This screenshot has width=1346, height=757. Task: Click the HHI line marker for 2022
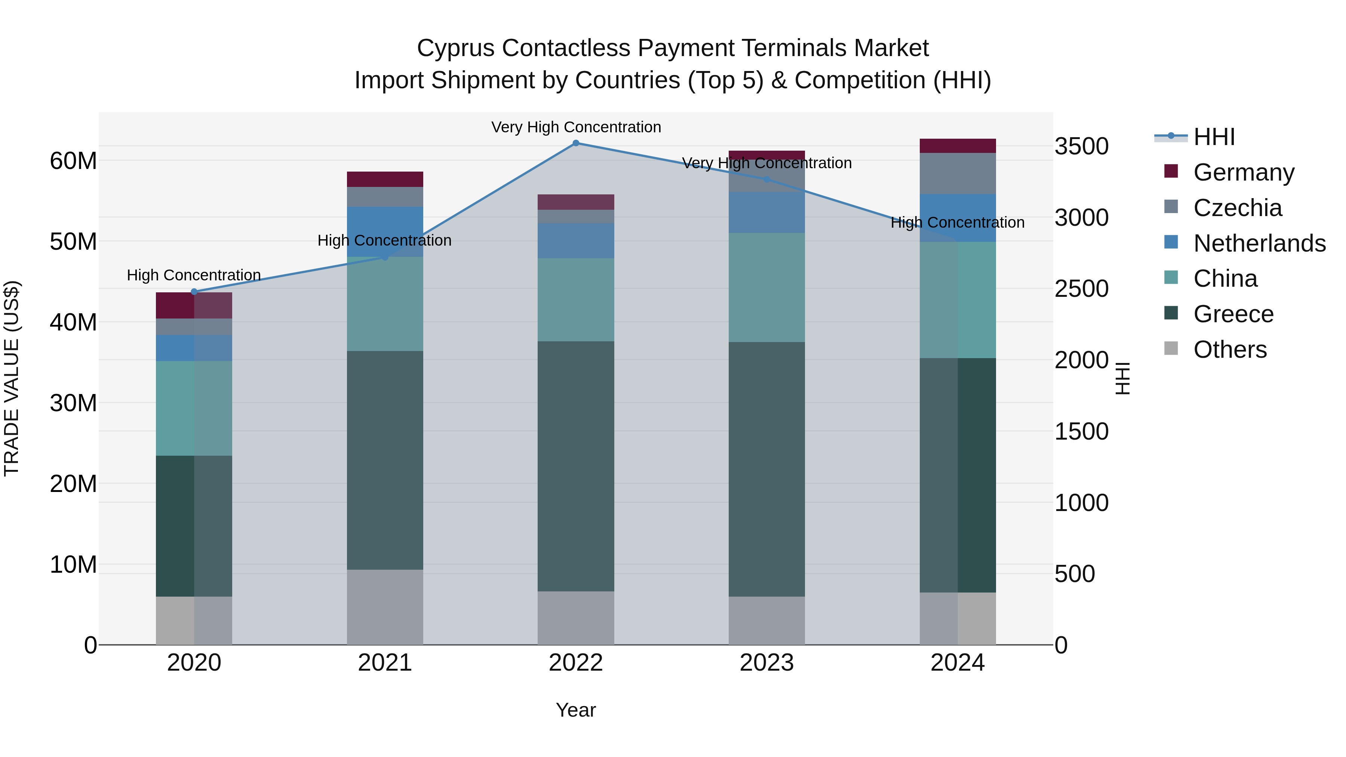[x=576, y=143]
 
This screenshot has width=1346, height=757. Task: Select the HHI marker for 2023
[x=766, y=179]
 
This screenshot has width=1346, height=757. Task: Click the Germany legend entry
[x=1244, y=172]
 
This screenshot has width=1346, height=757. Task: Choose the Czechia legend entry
[x=1237, y=207]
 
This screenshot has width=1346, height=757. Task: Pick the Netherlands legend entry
[x=1259, y=243]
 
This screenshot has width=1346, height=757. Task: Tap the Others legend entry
[x=1230, y=349]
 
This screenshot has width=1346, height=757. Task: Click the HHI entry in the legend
[x=1214, y=136]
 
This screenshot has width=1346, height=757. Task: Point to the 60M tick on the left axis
[x=73, y=160]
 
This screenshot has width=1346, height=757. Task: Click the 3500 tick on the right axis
[x=1081, y=146]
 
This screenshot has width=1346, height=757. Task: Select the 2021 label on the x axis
[x=385, y=662]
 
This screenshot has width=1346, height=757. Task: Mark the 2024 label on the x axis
[x=957, y=662]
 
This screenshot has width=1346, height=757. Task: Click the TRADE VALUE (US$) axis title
[x=12, y=378]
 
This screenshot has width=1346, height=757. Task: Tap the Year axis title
[x=576, y=710]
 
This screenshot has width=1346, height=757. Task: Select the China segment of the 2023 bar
[x=766, y=287]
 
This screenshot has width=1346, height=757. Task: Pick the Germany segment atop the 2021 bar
[x=385, y=179]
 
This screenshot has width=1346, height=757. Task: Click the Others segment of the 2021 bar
[x=385, y=607]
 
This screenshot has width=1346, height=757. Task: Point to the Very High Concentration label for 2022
[x=576, y=127]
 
